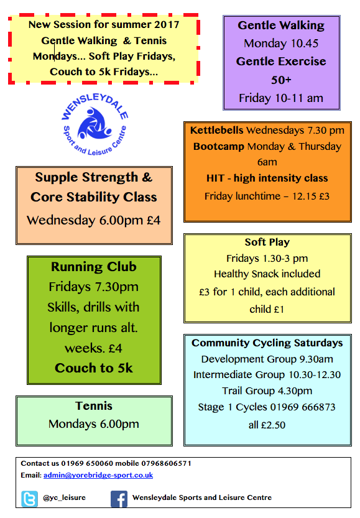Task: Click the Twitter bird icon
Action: pos(29,499)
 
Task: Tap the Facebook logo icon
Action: pos(119,499)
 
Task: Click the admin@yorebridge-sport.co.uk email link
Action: pos(98,475)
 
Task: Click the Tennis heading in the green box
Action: pos(94,405)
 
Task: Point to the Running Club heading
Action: pos(94,267)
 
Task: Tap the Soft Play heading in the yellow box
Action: pos(267,242)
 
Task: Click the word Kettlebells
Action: pos(216,130)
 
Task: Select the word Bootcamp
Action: pos(219,146)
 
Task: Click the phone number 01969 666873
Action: pos(303,407)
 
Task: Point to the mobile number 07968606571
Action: pos(166,463)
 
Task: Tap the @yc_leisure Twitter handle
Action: pos(65,497)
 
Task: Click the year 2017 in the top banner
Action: pos(167,24)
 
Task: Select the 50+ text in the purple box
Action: pos(281,80)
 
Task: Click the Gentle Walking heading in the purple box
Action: pos(281,25)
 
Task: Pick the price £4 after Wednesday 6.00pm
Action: pos(153,220)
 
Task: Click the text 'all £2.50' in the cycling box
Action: pos(267,425)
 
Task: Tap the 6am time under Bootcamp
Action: pos(267,162)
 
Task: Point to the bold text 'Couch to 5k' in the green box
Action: pos(94,368)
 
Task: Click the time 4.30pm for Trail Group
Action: pos(295,391)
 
